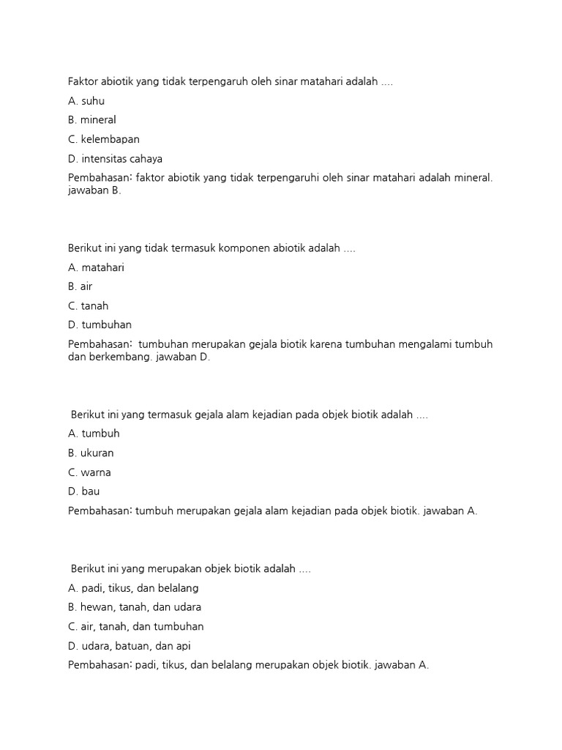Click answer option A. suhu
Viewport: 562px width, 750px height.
[x=86, y=101]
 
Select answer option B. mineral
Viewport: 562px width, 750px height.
[x=91, y=119]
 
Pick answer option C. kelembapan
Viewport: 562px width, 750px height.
[x=103, y=139]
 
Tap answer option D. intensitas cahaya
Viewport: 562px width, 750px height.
[x=115, y=158]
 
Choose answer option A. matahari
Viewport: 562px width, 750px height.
[x=96, y=267]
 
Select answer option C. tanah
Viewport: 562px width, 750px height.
[x=88, y=306]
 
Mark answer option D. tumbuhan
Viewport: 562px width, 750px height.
[x=100, y=324]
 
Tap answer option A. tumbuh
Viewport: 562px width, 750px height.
[x=94, y=434]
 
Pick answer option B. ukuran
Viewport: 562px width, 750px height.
[x=91, y=453]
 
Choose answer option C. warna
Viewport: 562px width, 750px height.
[x=89, y=472]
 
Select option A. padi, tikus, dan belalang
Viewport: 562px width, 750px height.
[x=133, y=588]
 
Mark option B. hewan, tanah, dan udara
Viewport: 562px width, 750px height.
[x=135, y=607]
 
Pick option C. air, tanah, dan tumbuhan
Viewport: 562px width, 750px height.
[x=135, y=626]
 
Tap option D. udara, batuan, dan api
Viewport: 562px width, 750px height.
[x=129, y=646]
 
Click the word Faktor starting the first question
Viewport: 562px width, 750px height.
[x=83, y=82]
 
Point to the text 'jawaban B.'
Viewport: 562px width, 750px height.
[x=94, y=190]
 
